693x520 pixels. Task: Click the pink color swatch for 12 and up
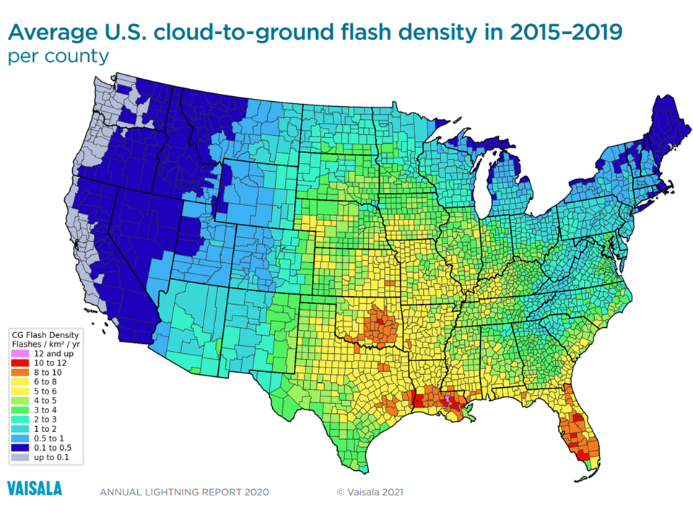[x=19, y=354]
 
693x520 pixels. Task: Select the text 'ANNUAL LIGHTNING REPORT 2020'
[x=184, y=493]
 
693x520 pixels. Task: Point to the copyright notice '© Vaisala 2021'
[x=370, y=493]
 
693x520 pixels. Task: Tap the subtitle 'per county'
[x=58, y=56]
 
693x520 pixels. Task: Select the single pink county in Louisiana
[x=448, y=398]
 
